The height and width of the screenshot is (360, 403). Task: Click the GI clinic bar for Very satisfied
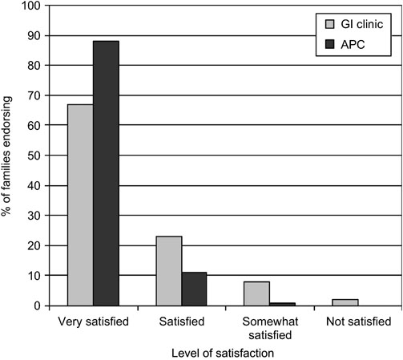[81, 204]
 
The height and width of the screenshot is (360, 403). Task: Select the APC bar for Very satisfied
[107, 173]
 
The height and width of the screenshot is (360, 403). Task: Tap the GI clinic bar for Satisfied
[169, 271]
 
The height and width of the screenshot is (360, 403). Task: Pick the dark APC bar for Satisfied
[194, 289]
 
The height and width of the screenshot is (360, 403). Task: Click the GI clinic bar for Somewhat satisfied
[257, 293]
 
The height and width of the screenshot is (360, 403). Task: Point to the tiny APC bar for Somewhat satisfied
[282, 304]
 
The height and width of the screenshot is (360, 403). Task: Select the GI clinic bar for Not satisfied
[345, 302]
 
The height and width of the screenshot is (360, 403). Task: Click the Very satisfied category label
[94, 322]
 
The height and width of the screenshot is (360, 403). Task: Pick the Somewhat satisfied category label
[269, 328]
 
